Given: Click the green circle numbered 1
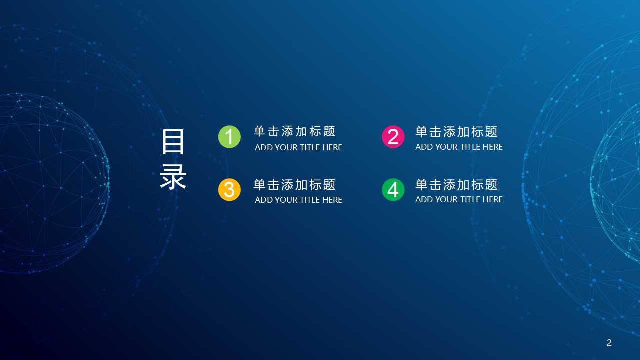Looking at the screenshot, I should point(229,137).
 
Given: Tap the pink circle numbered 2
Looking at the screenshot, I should point(393,137).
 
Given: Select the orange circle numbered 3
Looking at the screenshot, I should point(229,190).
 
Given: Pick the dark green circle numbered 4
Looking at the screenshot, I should point(393,190).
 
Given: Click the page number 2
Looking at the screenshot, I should point(609,343).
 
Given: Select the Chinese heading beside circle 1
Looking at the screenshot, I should point(294,131).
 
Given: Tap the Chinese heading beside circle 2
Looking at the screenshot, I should point(456,132).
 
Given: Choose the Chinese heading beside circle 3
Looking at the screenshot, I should point(294,185).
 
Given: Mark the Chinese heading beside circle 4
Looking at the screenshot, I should point(456,185).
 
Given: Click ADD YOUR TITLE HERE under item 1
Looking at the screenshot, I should point(298,147).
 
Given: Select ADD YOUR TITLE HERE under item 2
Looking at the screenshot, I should point(459,147).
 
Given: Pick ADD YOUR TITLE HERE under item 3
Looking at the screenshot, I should point(298,200).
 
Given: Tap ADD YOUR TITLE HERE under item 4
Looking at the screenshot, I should point(459,199).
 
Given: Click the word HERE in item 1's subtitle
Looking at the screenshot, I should point(332,147).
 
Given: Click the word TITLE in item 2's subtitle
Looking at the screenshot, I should point(470,147).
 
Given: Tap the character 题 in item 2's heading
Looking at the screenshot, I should point(491,132).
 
